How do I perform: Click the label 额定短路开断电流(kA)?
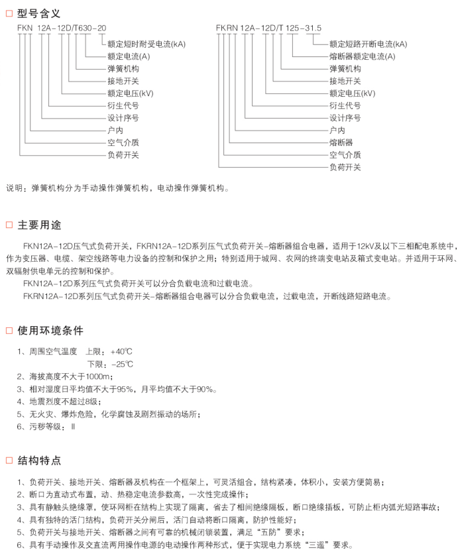click(x=369, y=44)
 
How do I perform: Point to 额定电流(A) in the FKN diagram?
click(x=129, y=56)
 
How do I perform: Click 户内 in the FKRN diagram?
click(x=337, y=130)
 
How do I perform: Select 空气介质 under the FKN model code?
click(x=123, y=142)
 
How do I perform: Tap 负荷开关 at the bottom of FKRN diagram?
click(x=345, y=167)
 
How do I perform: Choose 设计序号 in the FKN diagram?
click(x=123, y=118)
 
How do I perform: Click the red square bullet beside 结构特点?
click(x=9, y=461)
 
